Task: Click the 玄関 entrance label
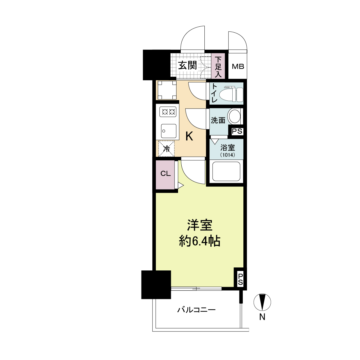tap(188, 65)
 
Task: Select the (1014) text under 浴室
tap(228, 155)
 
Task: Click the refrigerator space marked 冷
tap(166, 148)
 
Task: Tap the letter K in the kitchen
tap(189, 137)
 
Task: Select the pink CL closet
tap(165, 174)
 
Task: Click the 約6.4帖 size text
tap(200, 241)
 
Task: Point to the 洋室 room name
tap(200, 225)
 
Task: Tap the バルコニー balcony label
tap(196, 310)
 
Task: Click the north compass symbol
tap(262, 302)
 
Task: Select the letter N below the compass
tap(262, 317)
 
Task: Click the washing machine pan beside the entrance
tap(166, 90)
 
